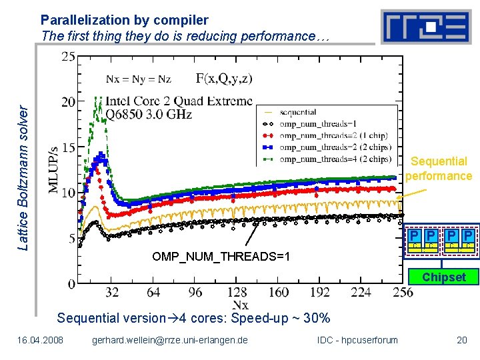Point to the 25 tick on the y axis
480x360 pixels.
click(68, 57)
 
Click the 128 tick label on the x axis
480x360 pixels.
click(237, 293)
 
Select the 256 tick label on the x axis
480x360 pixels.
click(403, 293)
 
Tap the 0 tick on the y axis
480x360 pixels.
click(71, 284)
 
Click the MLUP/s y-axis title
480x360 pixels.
click(55, 169)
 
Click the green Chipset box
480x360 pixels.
click(443, 277)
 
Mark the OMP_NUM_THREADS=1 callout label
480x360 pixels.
click(221, 257)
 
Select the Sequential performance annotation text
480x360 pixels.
click(438, 169)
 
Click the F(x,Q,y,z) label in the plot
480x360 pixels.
click(224, 79)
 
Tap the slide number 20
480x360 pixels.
click(462, 341)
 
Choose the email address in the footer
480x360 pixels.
click(170, 341)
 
